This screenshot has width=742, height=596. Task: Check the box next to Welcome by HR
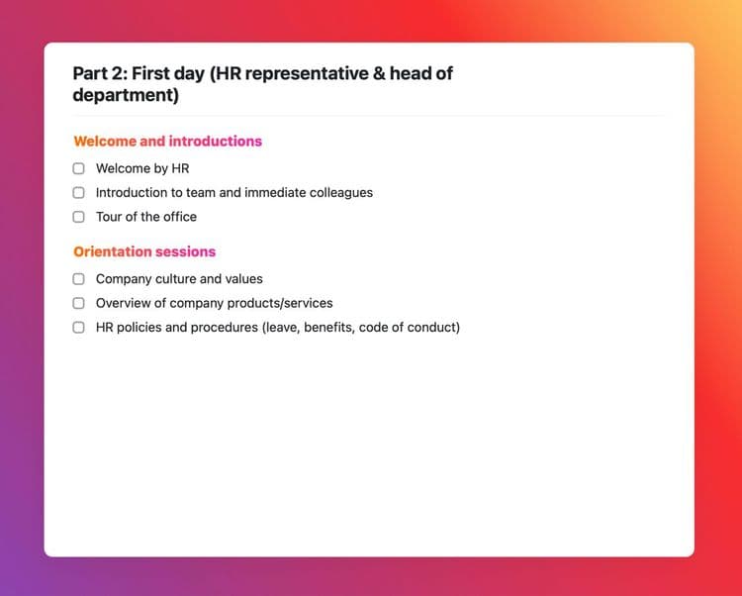pos(78,168)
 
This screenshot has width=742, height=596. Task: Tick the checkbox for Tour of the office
pos(78,217)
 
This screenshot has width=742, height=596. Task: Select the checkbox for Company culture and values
pos(78,279)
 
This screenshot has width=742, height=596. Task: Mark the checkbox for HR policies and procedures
pos(78,327)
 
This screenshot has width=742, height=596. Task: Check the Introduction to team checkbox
pos(78,193)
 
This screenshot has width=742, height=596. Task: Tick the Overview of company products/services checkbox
pos(78,303)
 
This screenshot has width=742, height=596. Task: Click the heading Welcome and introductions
pos(167,141)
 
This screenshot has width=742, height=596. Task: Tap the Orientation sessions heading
pos(144,251)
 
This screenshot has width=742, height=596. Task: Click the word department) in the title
pos(126,95)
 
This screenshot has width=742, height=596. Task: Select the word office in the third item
pos(180,217)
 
